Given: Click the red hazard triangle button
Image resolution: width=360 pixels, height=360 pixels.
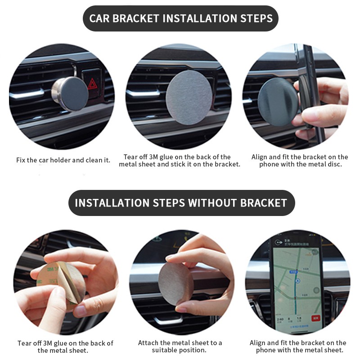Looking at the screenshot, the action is (x=93, y=84).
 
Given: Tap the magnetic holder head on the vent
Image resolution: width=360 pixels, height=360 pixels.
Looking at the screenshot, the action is (x=70, y=94).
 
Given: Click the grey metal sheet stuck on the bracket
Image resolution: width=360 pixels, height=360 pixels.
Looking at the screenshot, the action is (x=189, y=97).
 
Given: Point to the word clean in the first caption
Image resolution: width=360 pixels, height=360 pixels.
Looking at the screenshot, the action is (x=94, y=160).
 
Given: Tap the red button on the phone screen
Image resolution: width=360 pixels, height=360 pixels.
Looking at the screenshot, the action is (x=315, y=318).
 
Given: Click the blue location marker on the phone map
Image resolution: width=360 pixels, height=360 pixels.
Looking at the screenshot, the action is (x=298, y=280).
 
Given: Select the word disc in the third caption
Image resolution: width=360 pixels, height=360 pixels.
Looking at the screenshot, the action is (x=335, y=164).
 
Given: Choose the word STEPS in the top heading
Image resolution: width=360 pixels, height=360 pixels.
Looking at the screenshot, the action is (x=256, y=18).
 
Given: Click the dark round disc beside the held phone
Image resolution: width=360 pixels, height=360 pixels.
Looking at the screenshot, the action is (x=278, y=102).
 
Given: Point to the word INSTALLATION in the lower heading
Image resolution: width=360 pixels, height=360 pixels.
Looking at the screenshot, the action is (x=112, y=203).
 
